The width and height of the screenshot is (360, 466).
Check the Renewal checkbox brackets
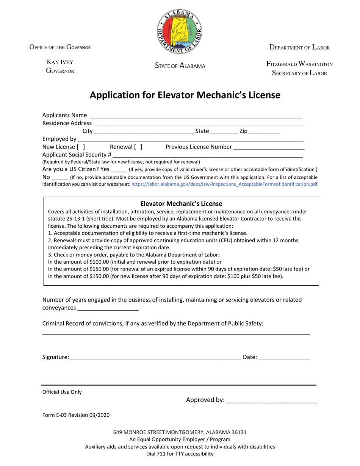coord(138,147)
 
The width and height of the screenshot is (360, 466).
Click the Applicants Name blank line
coord(196,116)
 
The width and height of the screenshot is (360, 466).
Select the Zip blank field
coord(264,132)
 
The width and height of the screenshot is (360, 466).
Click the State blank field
coord(223,132)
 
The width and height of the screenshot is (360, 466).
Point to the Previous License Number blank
coord(269,147)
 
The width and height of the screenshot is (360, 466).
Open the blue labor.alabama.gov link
coord(224,185)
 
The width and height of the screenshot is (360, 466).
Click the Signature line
coord(156,357)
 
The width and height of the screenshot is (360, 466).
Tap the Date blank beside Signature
coord(284,357)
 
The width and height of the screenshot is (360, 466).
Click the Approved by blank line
coord(272,400)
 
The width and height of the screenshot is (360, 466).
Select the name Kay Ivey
coord(60,62)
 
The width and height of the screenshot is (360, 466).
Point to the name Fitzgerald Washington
coord(299,64)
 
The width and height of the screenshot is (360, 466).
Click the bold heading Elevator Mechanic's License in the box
coord(181,204)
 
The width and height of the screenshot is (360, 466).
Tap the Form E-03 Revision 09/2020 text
coord(76,415)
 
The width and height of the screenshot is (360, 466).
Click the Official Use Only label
coord(62,392)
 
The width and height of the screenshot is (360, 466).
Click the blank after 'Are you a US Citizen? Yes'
coord(119,170)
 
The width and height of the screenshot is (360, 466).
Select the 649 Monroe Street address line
coord(180,432)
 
